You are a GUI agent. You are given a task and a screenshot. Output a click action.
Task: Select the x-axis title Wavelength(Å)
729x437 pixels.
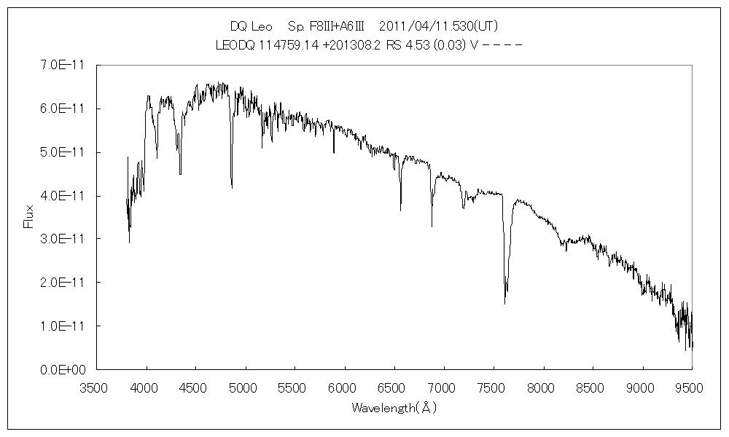(x=394, y=408)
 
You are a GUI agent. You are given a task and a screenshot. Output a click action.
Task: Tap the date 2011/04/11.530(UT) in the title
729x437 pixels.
(x=439, y=26)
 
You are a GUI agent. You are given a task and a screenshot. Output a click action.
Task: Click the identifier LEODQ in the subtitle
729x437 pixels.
(x=235, y=45)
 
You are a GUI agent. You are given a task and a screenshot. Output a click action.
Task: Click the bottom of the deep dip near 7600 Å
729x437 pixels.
(x=504, y=303)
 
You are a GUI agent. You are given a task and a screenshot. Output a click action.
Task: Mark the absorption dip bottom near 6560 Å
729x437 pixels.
(x=400, y=210)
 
